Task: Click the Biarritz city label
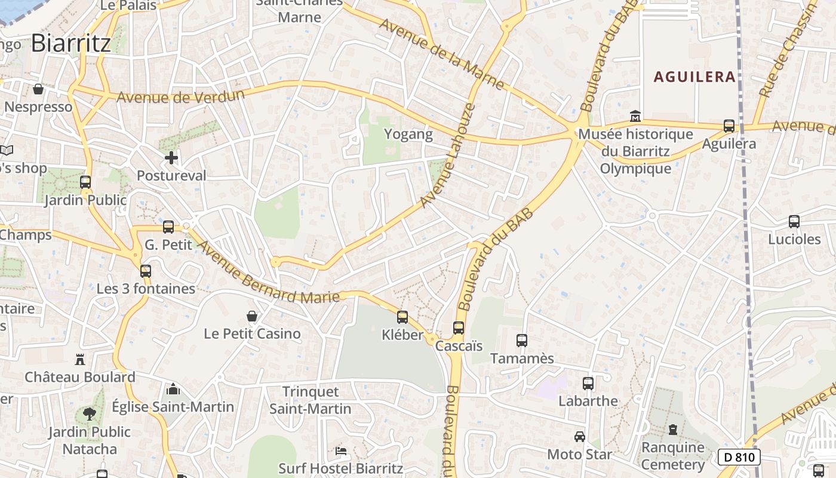pyautogui.click(x=70, y=44)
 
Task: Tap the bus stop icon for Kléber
pyautogui.click(x=402, y=317)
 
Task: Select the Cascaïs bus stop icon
pyautogui.click(x=459, y=328)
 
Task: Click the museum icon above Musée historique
pyautogui.click(x=635, y=115)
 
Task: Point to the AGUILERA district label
pyautogui.click(x=694, y=77)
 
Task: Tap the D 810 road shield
pyautogui.click(x=739, y=458)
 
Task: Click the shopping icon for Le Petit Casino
pyautogui.click(x=252, y=315)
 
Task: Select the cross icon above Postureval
pyautogui.click(x=171, y=158)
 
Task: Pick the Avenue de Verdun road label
pyautogui.click(x=180, y=97)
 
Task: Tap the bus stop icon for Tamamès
pyautogui.click(x=522, y=341)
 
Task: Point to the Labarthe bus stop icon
pyautogui.click(x=588, y=384)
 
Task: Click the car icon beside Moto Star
pyautogui.click(x=579, y=437)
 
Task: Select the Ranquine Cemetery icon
pyautogui.click(x=673, y=430)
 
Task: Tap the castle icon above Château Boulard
pyautogui.click(x=80, y=360)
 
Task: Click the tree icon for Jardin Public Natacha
pyautogui.click(x=90, y=413)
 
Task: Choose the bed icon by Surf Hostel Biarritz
pyautogui.click(x=341, y=451)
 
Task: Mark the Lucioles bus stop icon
pyautogui.click(x=794, y=222)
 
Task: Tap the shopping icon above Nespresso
pyautogui.click(x=38, y=89)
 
